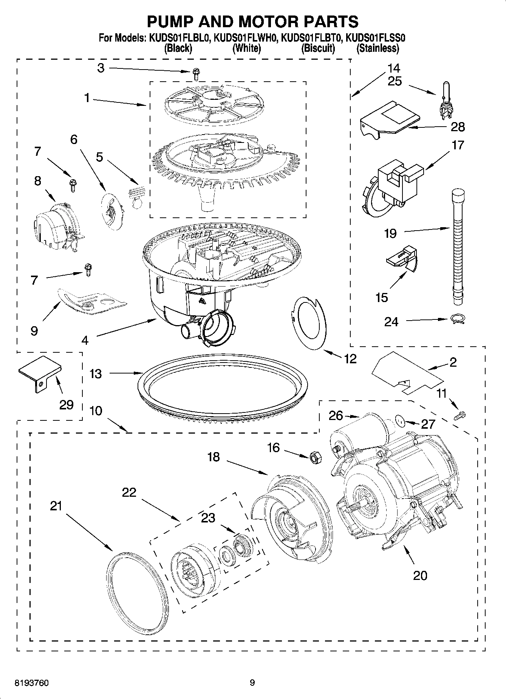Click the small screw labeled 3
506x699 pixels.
(196, 74)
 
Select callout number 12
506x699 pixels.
(350, 358)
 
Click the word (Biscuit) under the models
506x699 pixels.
(318, 48)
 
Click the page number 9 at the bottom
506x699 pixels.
(252, 683)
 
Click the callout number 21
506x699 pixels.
(56, 506)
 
